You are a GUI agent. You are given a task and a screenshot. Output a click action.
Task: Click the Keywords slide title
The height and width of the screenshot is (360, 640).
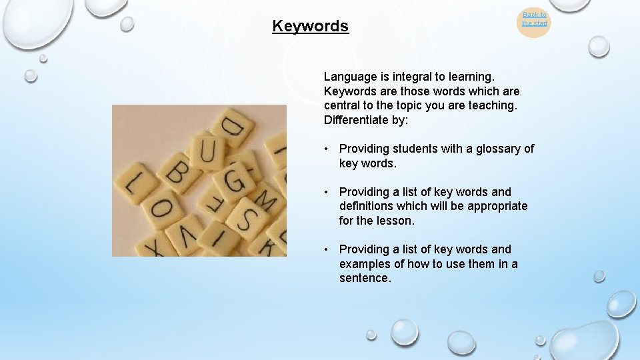pos(310,26)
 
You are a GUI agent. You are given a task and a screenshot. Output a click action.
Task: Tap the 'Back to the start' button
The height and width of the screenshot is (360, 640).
pos(534,19)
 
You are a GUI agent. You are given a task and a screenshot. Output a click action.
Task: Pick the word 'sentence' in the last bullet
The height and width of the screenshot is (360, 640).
pos(364,278)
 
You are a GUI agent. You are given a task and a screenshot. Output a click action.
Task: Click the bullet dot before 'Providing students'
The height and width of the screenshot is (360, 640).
pos(327,149)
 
